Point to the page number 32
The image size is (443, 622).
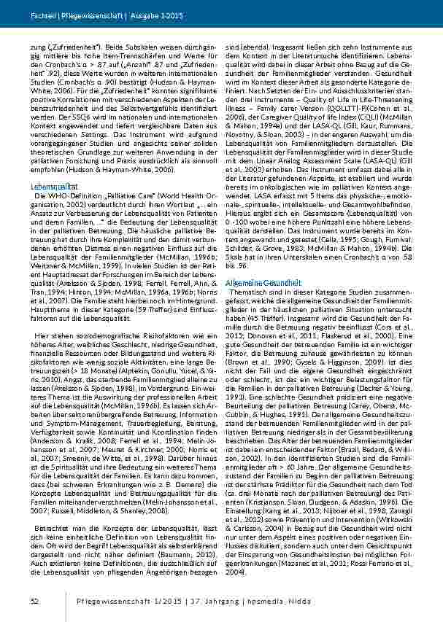click(34, 600)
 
